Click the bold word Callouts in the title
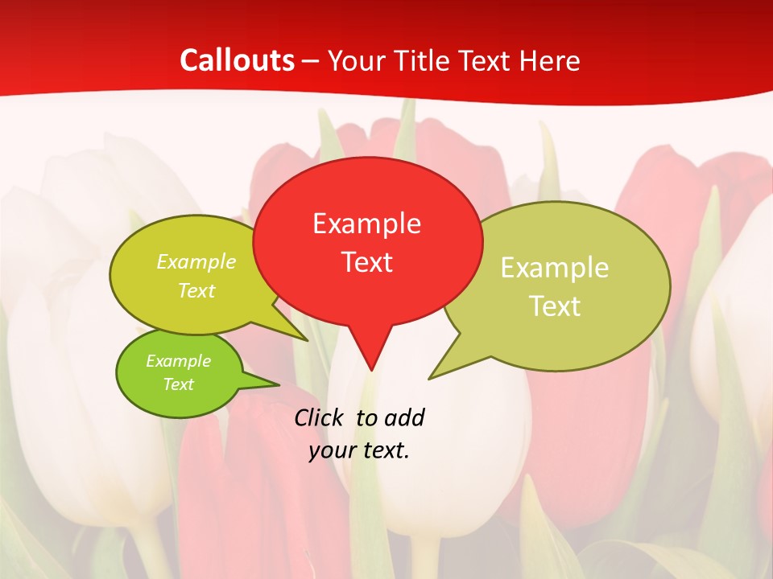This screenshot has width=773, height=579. pos(237,60)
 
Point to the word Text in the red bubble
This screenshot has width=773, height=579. pos(367,262)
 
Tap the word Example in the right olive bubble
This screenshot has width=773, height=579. pos(555,268)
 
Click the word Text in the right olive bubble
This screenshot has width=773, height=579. pos(555,306)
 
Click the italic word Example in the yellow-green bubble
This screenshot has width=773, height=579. pos(196,262)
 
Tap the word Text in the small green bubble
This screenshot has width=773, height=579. pos(178,384)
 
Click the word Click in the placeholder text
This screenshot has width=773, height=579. pos(320,417)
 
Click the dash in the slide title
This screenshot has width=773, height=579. pos(312,60)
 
